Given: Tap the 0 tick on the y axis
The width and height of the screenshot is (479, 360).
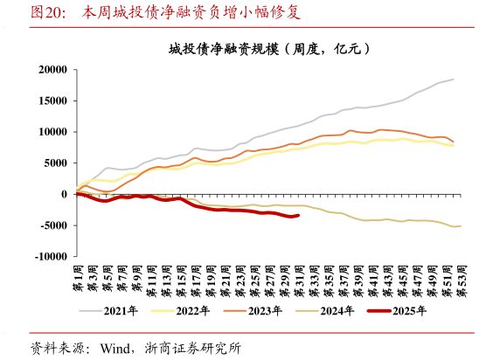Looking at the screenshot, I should pyautogui.click(x=64, y=194).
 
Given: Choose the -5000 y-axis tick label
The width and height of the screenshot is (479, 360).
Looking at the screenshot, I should pyautogui.click(x=52, y=225).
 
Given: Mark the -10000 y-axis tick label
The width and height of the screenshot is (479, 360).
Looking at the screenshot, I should pyautogui.click(x=49, y=256).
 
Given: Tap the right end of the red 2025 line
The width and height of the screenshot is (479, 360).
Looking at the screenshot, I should pyautogui.click(x=299, y=215).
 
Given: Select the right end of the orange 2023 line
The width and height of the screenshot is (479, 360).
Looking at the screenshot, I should pyautogui.click(x=453, y=142).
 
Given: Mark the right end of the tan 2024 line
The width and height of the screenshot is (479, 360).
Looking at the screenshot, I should pyautogui.click(x=461, y=226).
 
